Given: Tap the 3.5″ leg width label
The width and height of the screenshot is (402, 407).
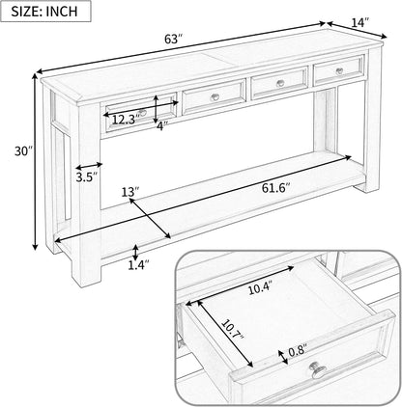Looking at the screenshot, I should (x=86, y=176).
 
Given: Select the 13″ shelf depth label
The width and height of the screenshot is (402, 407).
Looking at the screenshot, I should (x=129, y=193).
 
